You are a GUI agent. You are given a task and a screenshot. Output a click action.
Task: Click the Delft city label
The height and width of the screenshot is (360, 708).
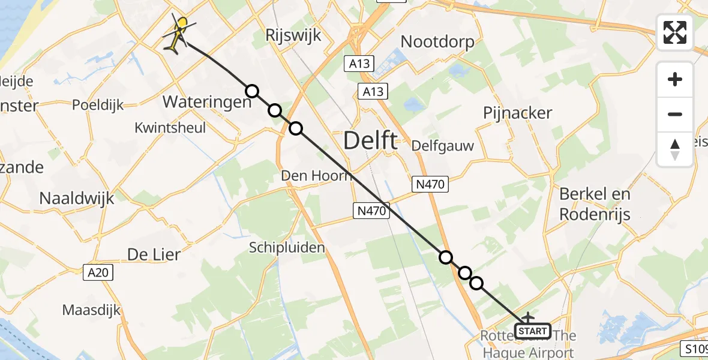pyautogui.click(x=370, y=141)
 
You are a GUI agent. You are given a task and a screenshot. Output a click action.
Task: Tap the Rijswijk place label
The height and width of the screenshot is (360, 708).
pyautogui.click(x=293, y=35)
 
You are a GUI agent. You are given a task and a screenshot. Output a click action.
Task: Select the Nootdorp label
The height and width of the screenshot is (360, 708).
pyautogui.click(x=437, y=41)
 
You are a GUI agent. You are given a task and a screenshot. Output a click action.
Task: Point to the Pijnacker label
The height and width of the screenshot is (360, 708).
pyautogui.click(x=517, y=113)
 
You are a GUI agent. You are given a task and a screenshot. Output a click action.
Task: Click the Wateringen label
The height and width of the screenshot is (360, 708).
pyautogui.click(x=207, y=102)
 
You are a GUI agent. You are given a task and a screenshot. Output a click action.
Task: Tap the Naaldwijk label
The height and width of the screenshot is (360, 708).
pyautogui.click(x=76, y=198)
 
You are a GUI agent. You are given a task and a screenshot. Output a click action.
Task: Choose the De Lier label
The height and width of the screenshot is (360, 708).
pyautogui.click(x=154, y=254)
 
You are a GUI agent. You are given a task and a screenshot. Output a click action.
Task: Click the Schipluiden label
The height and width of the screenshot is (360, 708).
pyautogui.click(x=287, y=247)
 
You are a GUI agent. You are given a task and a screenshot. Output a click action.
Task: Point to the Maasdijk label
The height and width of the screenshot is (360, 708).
pyautogui.click(x=91, y=310)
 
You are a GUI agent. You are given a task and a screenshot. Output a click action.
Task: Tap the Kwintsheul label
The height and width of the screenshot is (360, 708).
pyautogui.click(x=170, y=127)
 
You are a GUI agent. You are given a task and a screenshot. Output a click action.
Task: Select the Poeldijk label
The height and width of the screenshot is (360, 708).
pyautogui.click(x=97, y=104)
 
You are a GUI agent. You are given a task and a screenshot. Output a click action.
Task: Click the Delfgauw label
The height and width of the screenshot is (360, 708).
pyautogui.click(x=443, y=146)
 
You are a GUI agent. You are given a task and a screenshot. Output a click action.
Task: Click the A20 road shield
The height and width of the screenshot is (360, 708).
pyautogui.click(x=97, y=273)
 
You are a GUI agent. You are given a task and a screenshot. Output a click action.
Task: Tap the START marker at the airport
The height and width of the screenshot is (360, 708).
pyautogui.click(x=532, y=331)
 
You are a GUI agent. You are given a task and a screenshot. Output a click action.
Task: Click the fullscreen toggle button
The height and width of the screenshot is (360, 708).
pyautogui.click(x=675, y=32)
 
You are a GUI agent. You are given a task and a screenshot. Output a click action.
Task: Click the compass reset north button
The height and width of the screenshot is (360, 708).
pyautogui.click(x=675, y=149)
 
